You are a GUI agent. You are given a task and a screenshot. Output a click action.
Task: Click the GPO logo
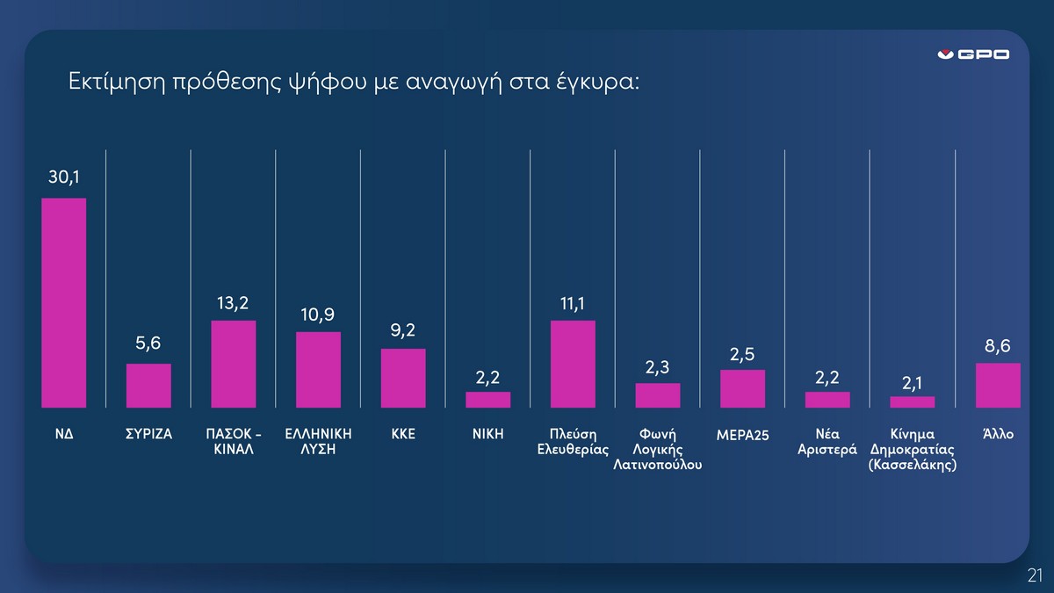point(973,54)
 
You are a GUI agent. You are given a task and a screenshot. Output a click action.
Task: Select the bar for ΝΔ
point(64,302)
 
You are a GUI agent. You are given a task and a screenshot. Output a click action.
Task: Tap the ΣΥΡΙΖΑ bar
point(148,386)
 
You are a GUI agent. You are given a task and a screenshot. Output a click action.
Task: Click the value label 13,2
point(233,303)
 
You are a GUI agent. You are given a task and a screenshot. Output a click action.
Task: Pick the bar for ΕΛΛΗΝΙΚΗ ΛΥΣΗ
point(319,370)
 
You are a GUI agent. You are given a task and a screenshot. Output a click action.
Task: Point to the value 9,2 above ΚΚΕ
point(403,330)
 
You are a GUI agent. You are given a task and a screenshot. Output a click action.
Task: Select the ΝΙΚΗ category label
point(488,434)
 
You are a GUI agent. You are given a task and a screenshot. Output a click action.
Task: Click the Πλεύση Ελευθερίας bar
point(573,364)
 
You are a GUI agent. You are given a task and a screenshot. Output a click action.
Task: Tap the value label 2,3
point(657,367)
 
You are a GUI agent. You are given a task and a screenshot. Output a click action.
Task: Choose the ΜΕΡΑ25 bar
point(742,388)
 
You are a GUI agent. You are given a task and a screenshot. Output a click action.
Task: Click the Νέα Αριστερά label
point(827,441)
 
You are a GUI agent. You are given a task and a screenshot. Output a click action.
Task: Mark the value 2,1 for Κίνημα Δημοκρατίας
point(912,384)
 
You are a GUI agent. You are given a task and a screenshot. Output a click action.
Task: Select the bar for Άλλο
point(998,385)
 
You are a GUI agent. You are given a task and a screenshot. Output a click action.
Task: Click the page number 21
point(1036,575)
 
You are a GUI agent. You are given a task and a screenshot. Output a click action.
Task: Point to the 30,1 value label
point(64,177)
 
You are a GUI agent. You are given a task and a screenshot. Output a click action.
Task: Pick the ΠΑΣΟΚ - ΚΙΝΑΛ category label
point(234,441)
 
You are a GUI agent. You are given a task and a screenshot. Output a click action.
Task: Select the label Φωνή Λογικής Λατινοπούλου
point(657,449)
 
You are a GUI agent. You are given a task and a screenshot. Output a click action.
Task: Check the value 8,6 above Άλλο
point(998,346)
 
